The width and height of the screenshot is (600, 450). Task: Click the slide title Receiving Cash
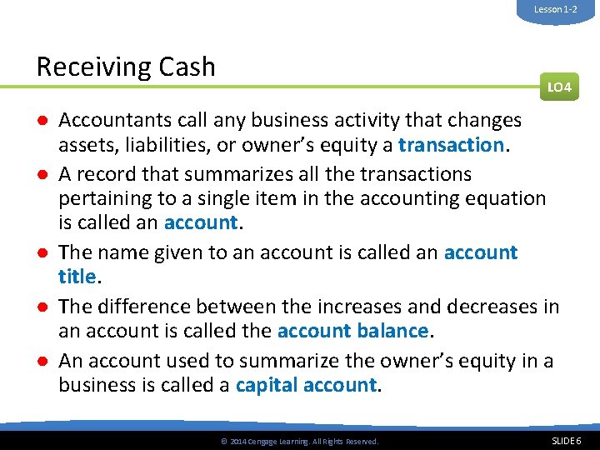click(x=126, y=67)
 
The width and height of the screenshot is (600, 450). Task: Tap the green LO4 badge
click(x=558, y=87)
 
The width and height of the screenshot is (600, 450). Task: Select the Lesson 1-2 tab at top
click(x=556, y=9)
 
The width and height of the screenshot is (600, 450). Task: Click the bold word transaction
click(x=451, y=145)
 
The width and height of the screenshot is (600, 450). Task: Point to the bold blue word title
click(x=77, y=277)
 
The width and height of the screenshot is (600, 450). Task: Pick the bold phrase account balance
click(x=352, y=331)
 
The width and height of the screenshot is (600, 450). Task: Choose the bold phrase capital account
click(x=307, y=385)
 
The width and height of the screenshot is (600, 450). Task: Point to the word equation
click(x=507, y=198)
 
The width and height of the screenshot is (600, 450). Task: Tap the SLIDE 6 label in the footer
click(x=567, y=440)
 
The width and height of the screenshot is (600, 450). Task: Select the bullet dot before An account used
click(x=40, y=361)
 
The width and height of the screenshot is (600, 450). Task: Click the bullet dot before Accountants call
click(x=40, y=121)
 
